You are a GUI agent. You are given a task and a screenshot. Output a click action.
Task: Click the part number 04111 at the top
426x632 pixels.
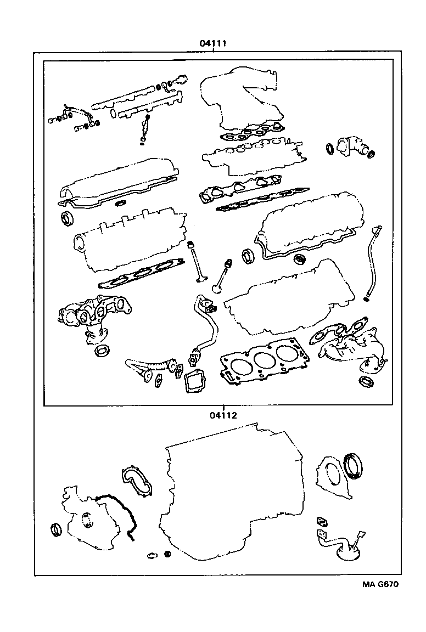point(214,43)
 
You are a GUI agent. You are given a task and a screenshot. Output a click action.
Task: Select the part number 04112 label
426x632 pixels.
point(222,415)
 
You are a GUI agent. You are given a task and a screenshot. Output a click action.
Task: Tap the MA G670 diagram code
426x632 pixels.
point(380,584)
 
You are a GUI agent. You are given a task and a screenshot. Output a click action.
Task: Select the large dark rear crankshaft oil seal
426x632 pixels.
point(352,465)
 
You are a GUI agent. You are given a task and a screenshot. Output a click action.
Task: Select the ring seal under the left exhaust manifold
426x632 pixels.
point(102,350)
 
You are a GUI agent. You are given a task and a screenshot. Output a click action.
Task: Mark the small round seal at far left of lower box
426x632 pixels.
point(57,530)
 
